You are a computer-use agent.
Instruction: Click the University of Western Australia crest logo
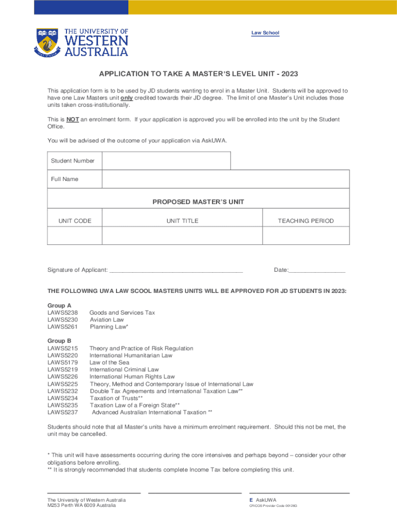(47, 41)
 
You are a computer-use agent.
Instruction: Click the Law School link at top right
(265, 33)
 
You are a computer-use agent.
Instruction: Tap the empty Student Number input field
(166, 161)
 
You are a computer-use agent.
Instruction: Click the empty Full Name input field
(226, 179)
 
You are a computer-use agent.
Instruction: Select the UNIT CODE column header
(75, 221)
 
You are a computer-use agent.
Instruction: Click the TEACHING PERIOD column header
(306, 221)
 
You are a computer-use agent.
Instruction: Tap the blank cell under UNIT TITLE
(182, 236)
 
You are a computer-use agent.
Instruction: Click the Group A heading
(59, 305)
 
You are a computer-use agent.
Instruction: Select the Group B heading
(59, 341)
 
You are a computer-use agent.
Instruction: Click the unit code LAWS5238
(62, 312)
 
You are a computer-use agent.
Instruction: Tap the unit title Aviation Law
(107, 320)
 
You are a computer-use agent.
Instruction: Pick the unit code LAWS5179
(62, 362)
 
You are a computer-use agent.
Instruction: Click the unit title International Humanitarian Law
(130, 355)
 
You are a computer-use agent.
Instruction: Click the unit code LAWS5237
(62, 412)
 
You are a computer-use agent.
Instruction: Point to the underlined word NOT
(73, 120)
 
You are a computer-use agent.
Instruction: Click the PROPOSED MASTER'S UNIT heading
(198, 202)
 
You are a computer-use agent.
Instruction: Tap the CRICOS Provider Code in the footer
(273, 506)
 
